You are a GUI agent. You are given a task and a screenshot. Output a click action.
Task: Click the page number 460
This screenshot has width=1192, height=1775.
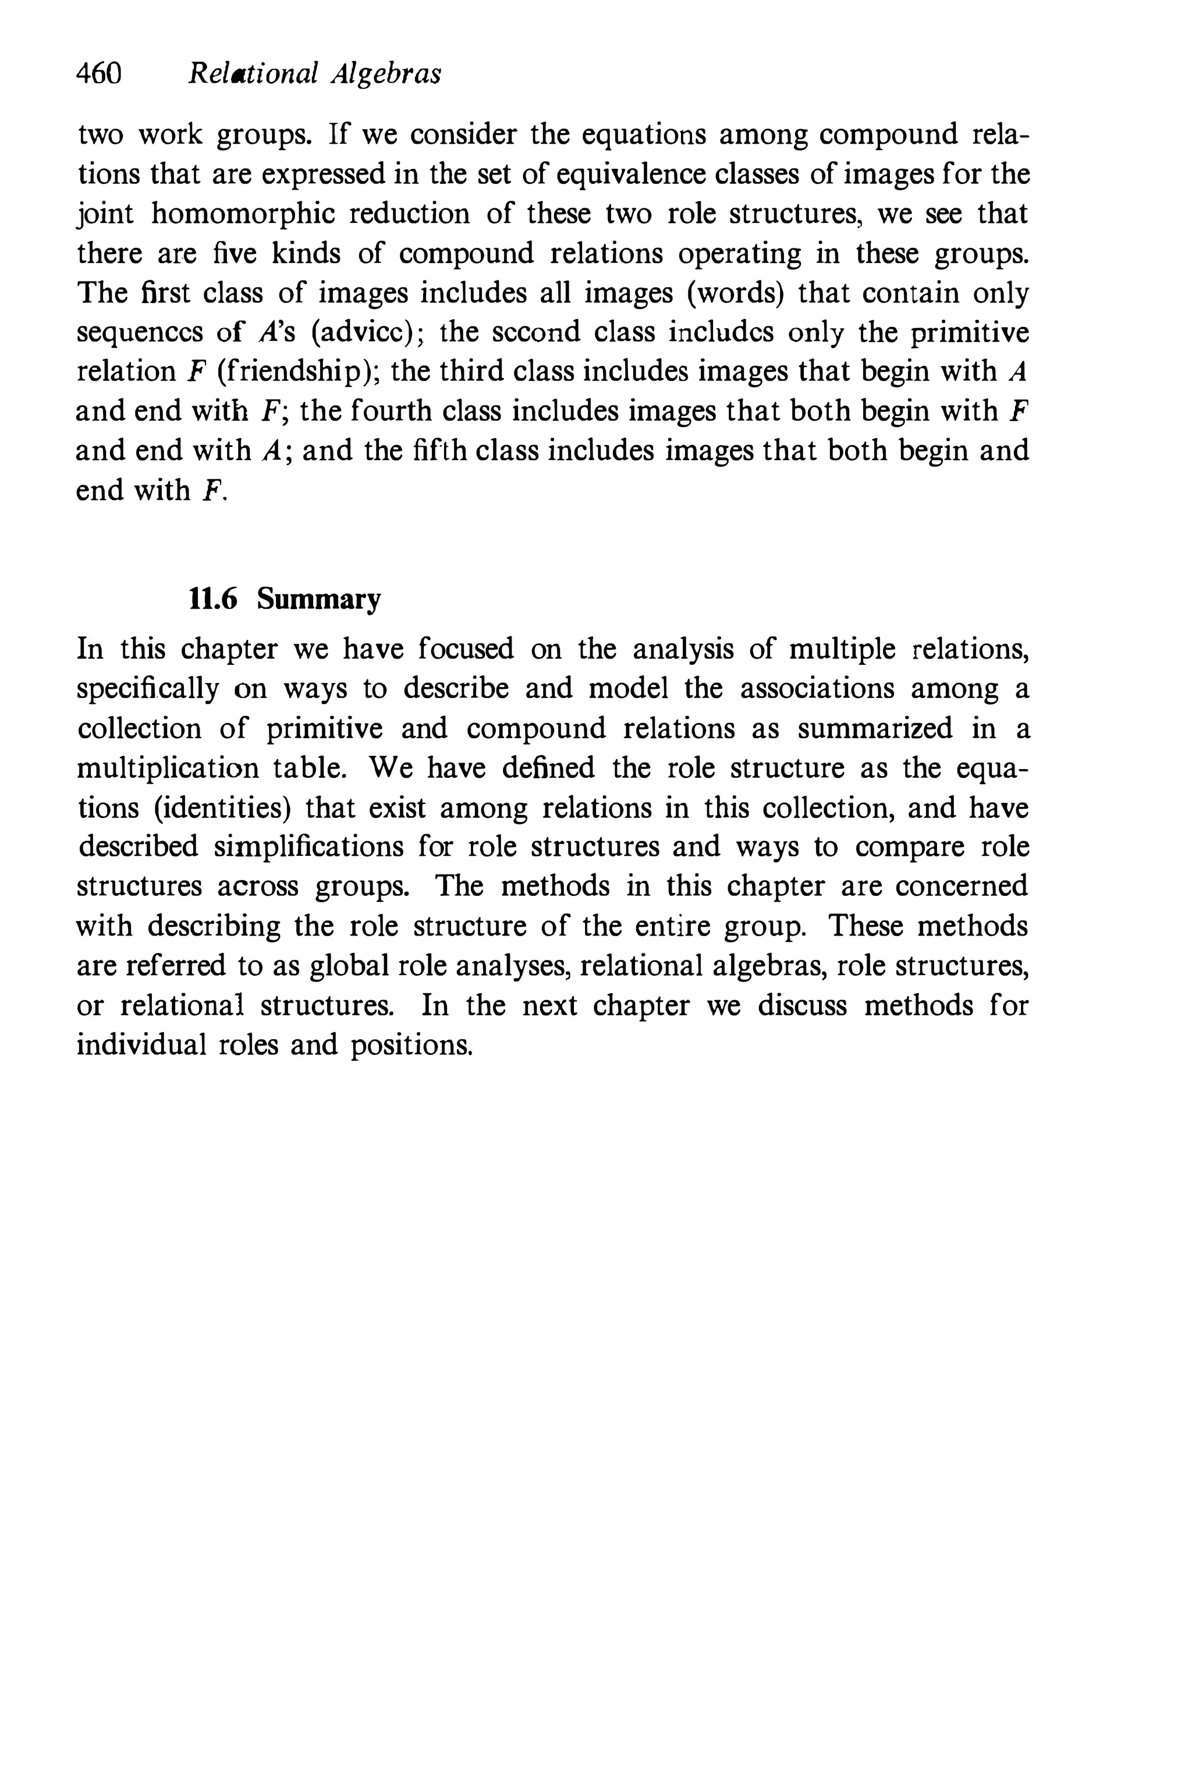point(99,74)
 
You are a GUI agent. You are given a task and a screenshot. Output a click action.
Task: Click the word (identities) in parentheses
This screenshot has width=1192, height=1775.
point(223,808)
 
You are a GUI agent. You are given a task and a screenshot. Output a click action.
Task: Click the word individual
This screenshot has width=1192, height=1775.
point(141,1045)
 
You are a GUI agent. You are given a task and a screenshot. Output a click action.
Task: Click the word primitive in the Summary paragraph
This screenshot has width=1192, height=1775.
point(325,729)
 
